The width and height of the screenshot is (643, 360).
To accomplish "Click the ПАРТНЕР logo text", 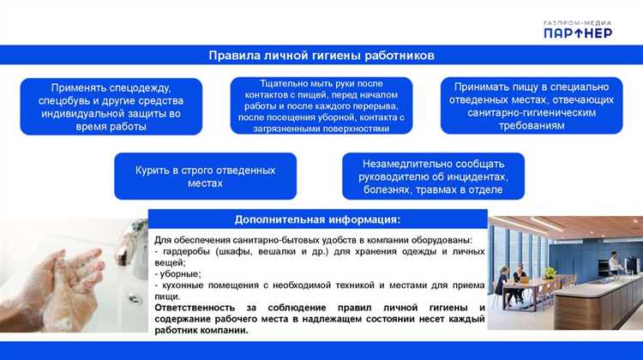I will click(x=577, y=32).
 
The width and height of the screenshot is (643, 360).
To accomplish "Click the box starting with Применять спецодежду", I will click(x=111, y=106).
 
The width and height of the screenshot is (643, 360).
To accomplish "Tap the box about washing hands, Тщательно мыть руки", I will click(x=321, y=105).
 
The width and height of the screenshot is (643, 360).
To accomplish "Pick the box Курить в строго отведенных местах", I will click(x=205, y=177).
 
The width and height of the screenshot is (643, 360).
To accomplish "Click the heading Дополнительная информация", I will click(x=317, y=219).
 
